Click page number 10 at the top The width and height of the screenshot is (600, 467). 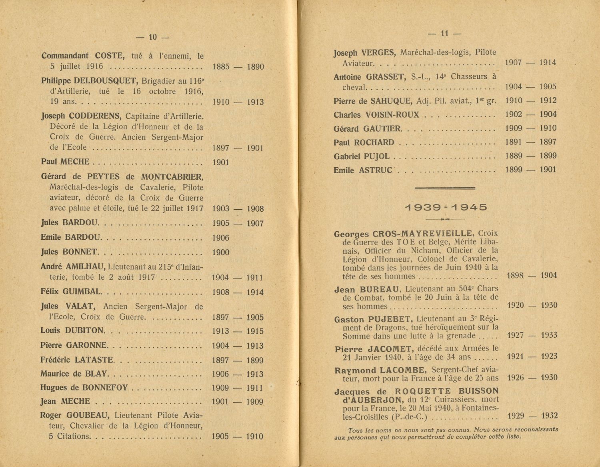coord(152,37)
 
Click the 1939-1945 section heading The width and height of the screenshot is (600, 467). coord(446,207)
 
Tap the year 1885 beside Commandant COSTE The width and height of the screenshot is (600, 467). coord(221,66)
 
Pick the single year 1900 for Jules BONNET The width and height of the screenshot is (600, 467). coord(221,252)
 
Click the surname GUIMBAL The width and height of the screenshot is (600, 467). coord(83,291)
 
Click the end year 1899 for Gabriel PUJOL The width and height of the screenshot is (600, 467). coord(548,156)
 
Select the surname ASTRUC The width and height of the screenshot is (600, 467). coord(375,170)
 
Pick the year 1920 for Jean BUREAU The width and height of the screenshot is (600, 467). coord(515,305)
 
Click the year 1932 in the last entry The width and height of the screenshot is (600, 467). coord(549,416)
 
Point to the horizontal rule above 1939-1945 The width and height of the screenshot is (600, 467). coord(445,188)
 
